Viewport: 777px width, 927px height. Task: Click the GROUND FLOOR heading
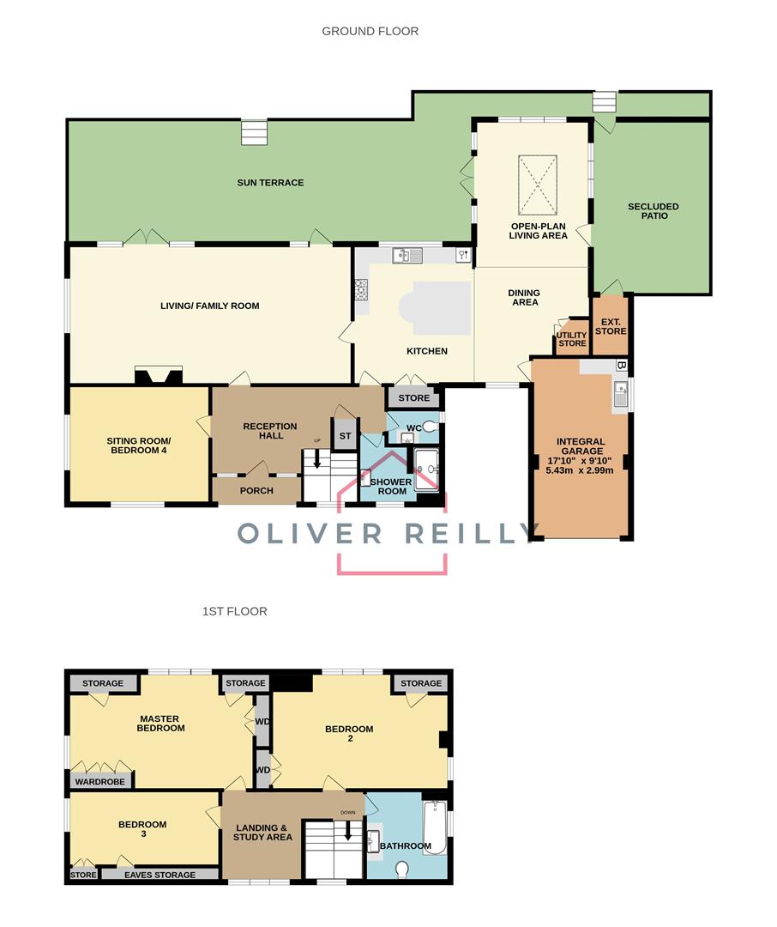tap(370, 31)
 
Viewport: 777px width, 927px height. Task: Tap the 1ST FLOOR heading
tap(234, 611)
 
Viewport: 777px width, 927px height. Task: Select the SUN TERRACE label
tap(270, 182)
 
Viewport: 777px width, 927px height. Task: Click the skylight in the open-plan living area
tap(538, 185)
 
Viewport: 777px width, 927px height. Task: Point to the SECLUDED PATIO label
tap(653, 211)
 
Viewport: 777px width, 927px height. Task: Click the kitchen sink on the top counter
tap(406, 255)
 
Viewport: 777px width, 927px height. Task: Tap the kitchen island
tap(441, 307)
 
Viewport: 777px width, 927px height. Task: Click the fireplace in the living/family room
tap(158, 375)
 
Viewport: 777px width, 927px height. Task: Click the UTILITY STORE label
tap(572, 338)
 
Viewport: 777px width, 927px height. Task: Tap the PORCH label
tap(256, 490)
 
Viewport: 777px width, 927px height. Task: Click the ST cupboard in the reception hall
tap(345, 435)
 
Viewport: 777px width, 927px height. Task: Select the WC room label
tap(413, 427)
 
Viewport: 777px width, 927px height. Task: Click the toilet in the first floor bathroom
tap(403, 869)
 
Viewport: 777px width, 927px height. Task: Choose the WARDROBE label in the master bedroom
tap(101, 781)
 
